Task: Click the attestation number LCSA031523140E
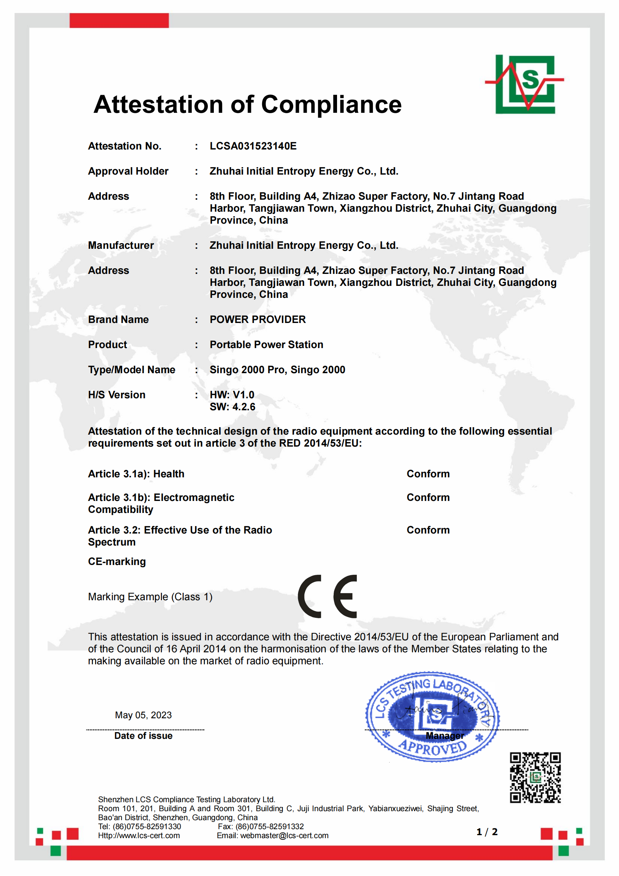pos(253,146)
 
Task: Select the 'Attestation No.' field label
pos(125,146)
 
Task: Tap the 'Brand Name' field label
pos(118,319)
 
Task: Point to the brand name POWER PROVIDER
pos(257,319)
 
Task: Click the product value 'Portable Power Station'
pos(266,345)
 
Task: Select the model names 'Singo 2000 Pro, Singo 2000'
pos(277,370)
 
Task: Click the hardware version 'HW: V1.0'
pos(232,395)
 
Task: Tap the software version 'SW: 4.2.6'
pos(232,407)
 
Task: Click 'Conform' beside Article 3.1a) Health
pos(428,474)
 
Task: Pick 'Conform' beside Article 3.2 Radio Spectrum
pos(428,530)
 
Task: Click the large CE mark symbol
pos(327,596)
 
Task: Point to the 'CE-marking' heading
pos(117,562)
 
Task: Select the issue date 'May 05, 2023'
pos(143,715)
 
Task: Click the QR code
pos(535,777)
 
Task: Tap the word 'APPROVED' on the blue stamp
pos(433,748)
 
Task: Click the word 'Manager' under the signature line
pos(445,735)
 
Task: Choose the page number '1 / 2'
pos(487,832)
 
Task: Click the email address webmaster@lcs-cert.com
pos(284,836)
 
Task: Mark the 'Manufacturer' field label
pos(121,245)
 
